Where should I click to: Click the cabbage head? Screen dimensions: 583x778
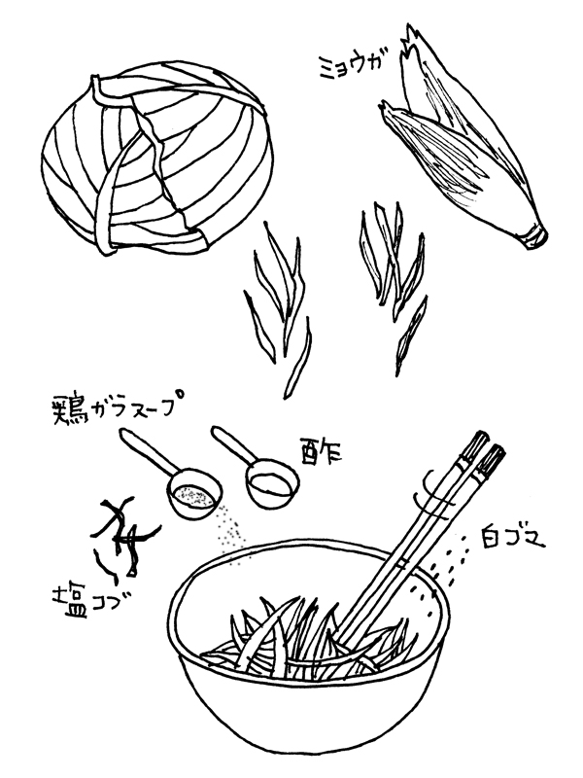[x=156, y=161]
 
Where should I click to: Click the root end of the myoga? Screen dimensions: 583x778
[x=535, y=235]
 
